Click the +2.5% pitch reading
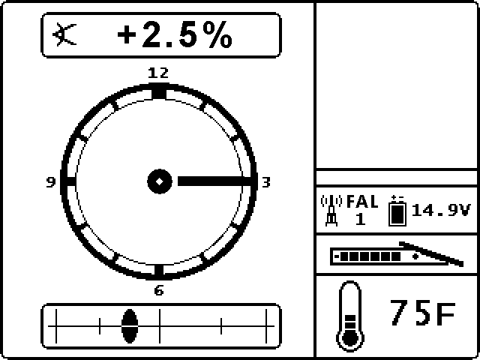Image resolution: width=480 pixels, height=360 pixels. point(175,36)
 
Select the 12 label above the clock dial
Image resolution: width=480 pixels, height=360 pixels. point(158,73)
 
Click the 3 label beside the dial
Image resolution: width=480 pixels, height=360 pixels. point(265,181)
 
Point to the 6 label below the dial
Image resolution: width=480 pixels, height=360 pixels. point(158,291)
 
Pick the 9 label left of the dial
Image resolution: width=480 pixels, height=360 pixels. point(50,181)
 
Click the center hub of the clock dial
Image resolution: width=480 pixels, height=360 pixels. point(159,181)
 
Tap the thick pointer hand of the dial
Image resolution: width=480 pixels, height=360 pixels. point(214,181)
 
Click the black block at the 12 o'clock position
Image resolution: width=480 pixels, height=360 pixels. point(158,91)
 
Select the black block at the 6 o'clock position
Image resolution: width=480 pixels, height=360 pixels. point(158,270)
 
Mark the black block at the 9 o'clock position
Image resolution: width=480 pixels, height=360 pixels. point(68,181)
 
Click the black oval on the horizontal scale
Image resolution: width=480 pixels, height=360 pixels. point(130,324)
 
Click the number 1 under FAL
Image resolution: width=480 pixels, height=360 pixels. point(360,219)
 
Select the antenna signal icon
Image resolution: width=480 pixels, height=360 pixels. point(330,210)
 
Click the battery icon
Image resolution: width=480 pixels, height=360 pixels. point(396,211)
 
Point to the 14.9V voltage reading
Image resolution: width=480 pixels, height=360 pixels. point(440,211)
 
